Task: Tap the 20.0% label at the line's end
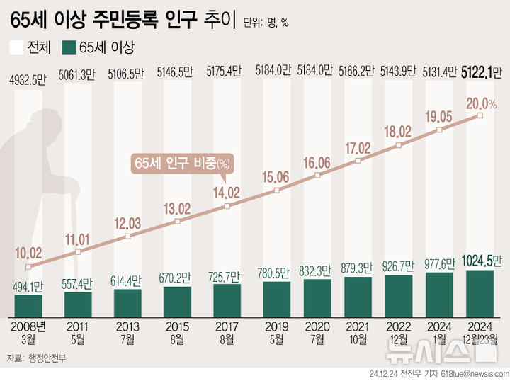tap(482, 103)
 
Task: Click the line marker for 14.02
tap(227, 206)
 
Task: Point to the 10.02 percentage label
tap(29, 252)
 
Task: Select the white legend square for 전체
tap(16, 48)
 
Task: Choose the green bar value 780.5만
tap(276, 272)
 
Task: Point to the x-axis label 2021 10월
tap(358, 331)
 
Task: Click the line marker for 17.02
tap(358, 161)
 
